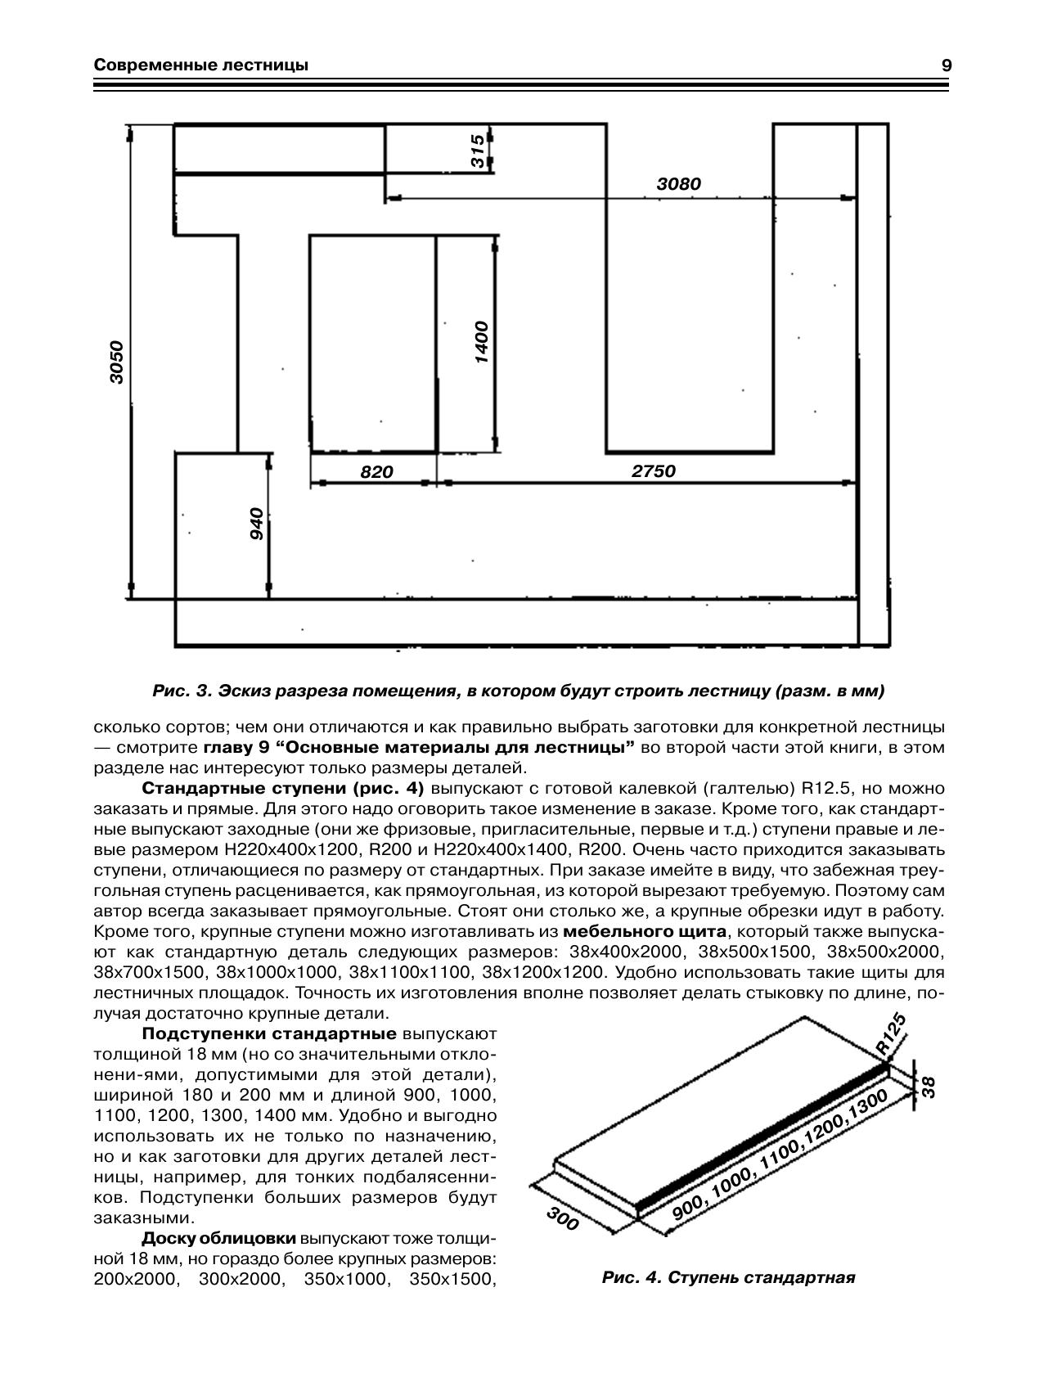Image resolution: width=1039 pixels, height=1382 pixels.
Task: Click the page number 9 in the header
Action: pyautogui.click(x=946, y=65)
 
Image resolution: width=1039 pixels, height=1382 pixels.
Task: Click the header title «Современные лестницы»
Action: pyautogui.click(x=201, y=65)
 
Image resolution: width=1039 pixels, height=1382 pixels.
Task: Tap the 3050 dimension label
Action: pyautogui.click(x=117, y=362)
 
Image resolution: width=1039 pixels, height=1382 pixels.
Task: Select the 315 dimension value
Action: pyautogui.click(x=477, y=151)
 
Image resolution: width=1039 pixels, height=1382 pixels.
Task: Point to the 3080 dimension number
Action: pyautogui.click(x=679, y=184)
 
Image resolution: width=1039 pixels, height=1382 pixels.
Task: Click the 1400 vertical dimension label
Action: pyautogui.click(x=481, y=343)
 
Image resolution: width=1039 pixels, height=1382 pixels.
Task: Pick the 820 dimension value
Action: pyautogui.click(x=377, y=472)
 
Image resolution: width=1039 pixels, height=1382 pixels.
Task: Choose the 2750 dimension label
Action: pyautogui.click(x=654, y=471)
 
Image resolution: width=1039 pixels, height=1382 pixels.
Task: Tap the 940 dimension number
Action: pyautogui.click(x=256, y=524)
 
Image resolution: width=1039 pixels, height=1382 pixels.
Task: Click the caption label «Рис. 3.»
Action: pyautogui.click(x=182, y=691)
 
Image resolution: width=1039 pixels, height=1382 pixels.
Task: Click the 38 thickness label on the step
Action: pyautogui.click(x=927, y=1085)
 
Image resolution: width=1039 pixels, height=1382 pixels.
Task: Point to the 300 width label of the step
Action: pyautogui.click(x=563, y=1219)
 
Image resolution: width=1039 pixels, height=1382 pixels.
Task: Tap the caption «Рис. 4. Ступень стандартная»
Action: pyautogui.click(x=728, y=1277)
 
